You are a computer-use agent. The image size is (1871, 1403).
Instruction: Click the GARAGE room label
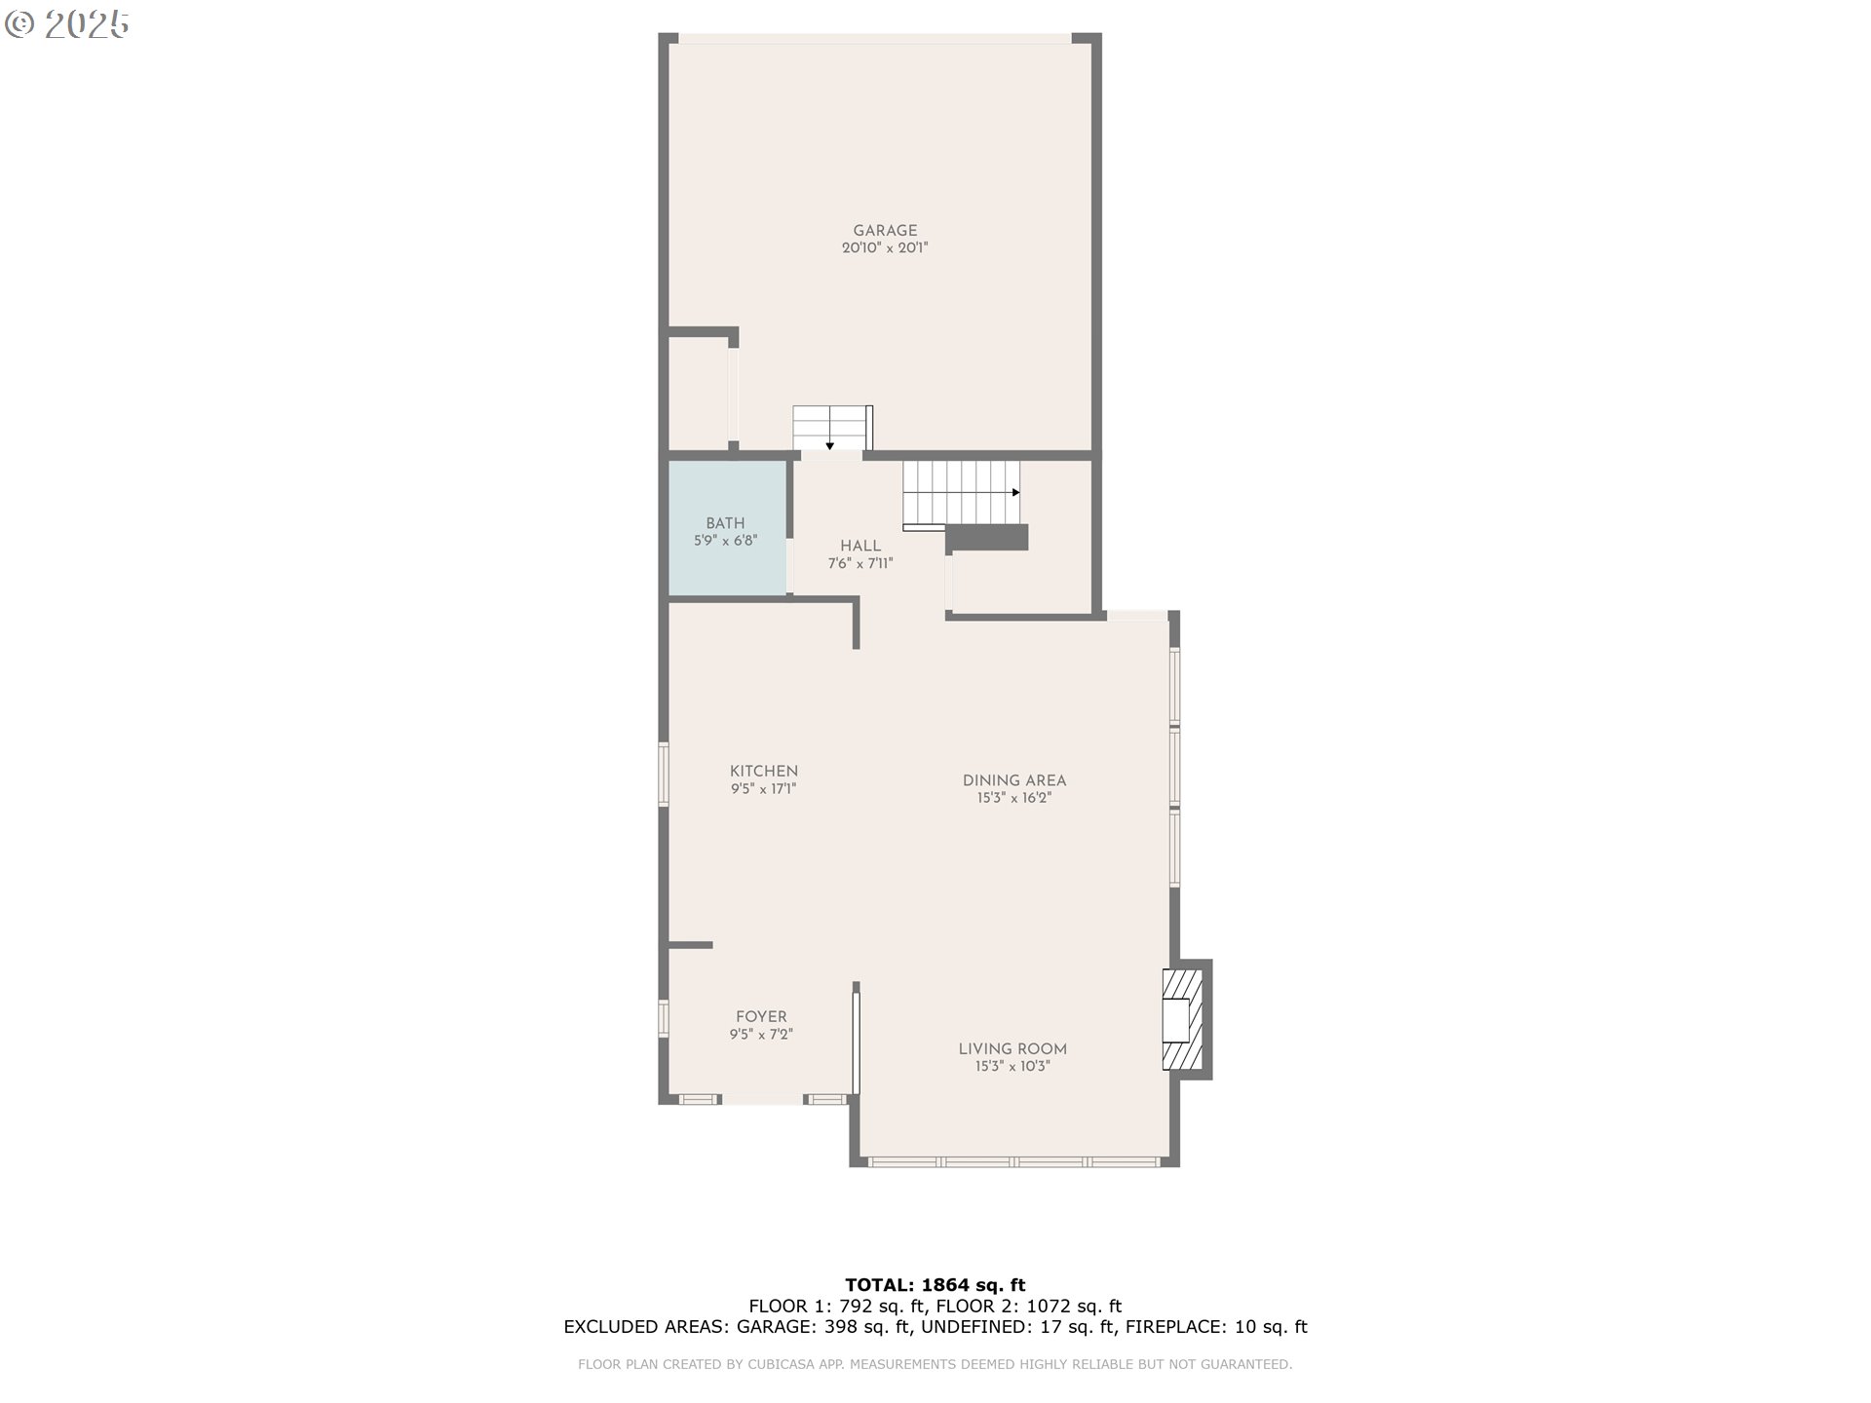885,231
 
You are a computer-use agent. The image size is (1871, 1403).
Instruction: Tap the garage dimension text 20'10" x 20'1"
885,248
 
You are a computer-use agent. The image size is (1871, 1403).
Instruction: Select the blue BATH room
727,527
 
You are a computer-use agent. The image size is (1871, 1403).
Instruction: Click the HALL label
860,547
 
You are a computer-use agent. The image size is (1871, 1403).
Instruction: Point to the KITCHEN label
764,772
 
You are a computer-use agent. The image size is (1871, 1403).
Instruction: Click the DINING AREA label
1014,780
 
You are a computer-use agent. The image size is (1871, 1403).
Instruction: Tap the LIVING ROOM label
1012,1049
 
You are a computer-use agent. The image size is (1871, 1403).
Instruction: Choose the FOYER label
761,1017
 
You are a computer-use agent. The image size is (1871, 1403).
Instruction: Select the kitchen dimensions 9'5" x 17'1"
764,789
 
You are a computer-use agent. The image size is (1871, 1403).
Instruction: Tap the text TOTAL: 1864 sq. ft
935,1285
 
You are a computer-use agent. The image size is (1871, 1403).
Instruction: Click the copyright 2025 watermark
67,24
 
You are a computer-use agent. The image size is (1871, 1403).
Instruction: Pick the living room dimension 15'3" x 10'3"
1012,1067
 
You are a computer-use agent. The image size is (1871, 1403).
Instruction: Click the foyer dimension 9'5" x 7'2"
761,1035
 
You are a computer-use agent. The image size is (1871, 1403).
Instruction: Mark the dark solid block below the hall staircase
986,537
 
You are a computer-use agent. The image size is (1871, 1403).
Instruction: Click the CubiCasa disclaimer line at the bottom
935,1364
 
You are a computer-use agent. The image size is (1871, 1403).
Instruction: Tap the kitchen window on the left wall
664,775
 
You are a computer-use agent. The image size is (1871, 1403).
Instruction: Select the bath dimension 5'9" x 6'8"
726,541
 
